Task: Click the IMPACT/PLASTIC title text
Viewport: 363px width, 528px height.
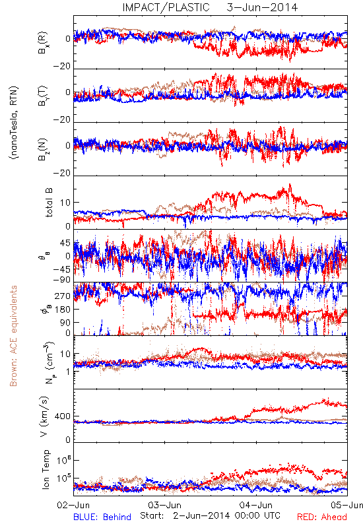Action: pyautogui.click(x=166, y=7)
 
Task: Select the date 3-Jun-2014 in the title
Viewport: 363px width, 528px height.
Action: pyautogui.click(x=262, y=7)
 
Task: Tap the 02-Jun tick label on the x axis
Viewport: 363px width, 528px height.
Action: pyautogui.click(x=73, y=505)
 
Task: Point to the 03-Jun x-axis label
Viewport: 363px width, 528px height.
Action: pyautogui.click(x=164, y=505)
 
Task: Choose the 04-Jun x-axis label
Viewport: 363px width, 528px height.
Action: pyautogui.click(x=256, y=505)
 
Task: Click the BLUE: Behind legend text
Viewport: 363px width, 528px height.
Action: pyautogui.click(x=102, y=517)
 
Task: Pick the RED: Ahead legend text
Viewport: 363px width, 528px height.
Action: pyautogui.click(x=322, y=517)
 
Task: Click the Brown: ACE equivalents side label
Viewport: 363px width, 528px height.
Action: pyautogui.click(x=13, y=336)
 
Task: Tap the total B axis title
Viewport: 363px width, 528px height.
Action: pyautogui.click(x=49, y=203)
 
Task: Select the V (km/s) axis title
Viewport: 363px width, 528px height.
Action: pyautogui.click(x=44, y=416)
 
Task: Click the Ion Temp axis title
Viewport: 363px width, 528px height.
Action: pyautogui.click(x=46, y=469)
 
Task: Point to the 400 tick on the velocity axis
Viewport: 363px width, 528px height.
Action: pyautogui.click(x=63, y=416)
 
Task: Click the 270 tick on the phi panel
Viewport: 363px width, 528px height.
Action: pyautogui.click(x=63, y=296)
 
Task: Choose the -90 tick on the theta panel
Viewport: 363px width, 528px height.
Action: pyautogui.click(x=62, y=279)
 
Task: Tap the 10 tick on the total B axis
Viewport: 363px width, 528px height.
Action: pyautogui.click(x=65, y=203)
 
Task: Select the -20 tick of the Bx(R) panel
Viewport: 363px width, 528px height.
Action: pyautogui.click(x=62, y=66)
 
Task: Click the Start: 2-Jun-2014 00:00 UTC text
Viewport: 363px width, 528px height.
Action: pyautogui.click(x=210, y=515)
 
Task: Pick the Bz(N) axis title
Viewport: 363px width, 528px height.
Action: pyautogui.click(x=43, y=149)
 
